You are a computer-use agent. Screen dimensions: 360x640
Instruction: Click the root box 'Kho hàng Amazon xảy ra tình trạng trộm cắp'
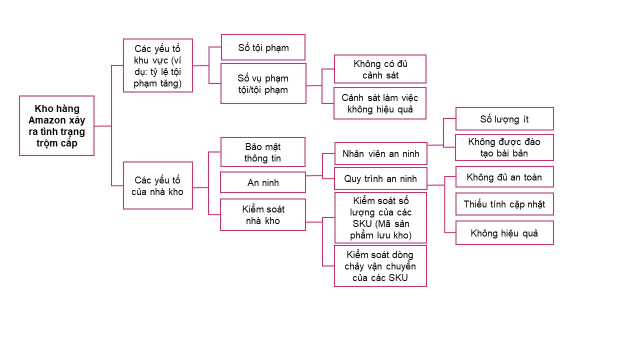coord(56,125)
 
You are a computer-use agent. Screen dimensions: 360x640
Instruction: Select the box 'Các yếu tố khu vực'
coord(157,65)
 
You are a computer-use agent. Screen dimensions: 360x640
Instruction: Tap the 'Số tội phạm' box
coord(263,47)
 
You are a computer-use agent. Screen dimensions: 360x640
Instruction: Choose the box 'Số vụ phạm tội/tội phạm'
coord(263,83)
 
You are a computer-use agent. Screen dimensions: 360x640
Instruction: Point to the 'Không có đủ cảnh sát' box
coord(380,69)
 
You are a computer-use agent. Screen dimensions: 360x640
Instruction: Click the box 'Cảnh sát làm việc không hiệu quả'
coord(380,103)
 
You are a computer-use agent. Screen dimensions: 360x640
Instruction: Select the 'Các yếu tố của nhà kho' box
coord(157,185)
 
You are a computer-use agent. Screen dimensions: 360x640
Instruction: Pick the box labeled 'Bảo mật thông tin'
coord(263,152)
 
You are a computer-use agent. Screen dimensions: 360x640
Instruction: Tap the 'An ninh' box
coord(263,182)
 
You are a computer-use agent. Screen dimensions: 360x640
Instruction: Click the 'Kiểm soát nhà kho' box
coord(263,215)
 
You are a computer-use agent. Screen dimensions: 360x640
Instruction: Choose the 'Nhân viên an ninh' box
coord(380,153)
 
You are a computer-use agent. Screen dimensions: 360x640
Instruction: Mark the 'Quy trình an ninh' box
coord(380,178)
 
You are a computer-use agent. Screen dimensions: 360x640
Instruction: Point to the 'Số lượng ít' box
coord(504,119)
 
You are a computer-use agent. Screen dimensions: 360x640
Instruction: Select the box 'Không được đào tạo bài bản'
coord(504,147)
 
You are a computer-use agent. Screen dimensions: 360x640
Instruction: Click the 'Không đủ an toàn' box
coord(504,177)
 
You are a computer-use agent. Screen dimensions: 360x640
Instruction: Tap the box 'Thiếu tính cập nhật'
coord(504,204)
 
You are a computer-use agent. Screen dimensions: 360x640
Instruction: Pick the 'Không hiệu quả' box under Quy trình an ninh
coord(504,233)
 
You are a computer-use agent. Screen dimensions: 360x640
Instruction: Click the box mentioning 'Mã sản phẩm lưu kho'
coord(380,218)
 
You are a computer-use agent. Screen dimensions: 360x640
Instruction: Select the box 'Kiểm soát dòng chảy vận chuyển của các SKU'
coord(380,266)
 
